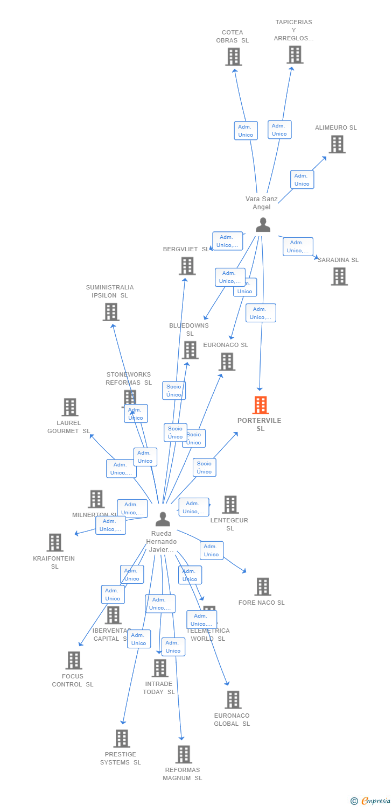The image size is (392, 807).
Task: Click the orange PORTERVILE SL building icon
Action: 260,405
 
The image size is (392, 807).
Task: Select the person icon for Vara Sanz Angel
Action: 263,225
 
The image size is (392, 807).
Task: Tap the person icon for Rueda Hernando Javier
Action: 163,519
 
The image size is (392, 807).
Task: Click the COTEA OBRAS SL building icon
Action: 233,56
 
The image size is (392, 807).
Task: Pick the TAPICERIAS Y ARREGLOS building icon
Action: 295,54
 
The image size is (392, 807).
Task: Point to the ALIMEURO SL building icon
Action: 337,144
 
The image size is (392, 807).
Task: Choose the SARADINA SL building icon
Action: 339,276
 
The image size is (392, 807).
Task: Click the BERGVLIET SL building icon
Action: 187,266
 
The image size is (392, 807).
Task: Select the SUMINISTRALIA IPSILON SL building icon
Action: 110,312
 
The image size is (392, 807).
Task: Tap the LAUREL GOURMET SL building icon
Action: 69,407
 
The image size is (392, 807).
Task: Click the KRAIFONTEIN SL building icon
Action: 54,542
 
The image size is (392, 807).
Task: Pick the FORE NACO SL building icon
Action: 262,586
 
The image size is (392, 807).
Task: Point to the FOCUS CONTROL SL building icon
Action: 73,660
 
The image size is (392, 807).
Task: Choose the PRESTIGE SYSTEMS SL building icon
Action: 121,738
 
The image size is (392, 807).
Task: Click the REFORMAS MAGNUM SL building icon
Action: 183,754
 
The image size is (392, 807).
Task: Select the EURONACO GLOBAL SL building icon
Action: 233,699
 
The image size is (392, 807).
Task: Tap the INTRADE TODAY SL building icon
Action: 159,668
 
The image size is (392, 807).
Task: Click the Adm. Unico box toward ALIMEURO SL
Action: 302,180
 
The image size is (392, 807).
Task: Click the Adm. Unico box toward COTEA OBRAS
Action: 246,131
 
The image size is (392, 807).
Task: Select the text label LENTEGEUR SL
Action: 230,525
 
